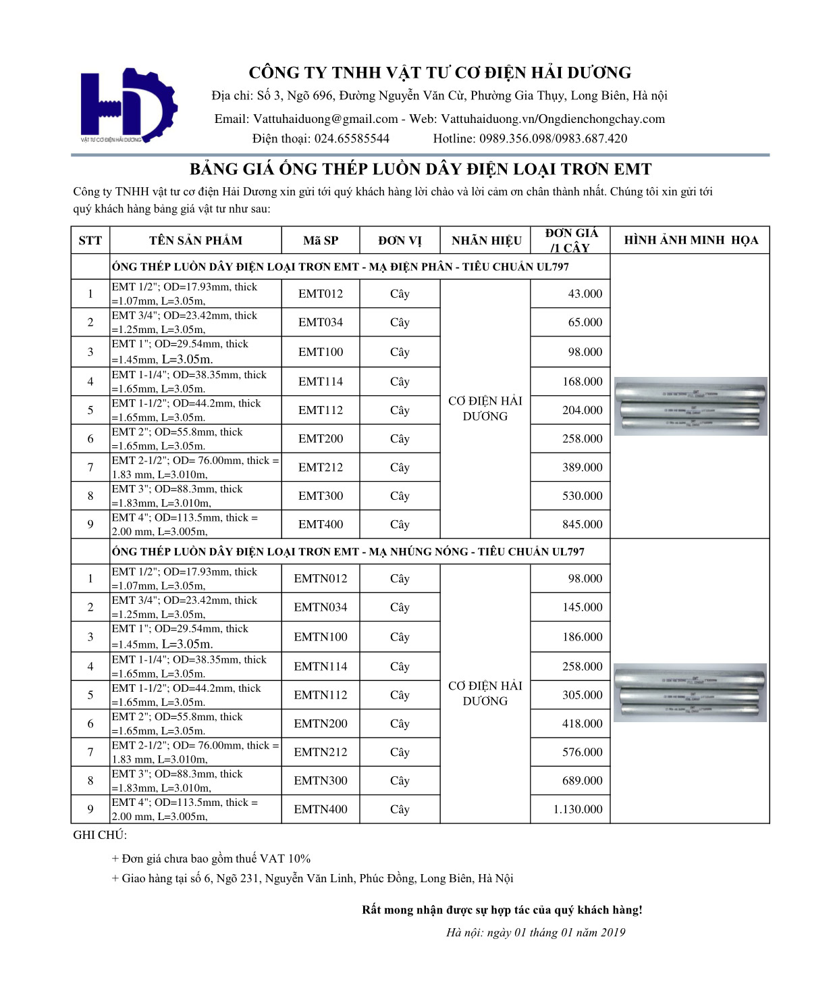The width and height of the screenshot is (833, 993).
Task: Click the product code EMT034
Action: pyautogui.click(x=321, y=322)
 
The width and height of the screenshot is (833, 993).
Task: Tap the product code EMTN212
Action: pyautogui.click(x=321, y=752)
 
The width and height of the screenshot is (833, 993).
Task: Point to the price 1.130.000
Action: pyautogui.click(x=577, y=809)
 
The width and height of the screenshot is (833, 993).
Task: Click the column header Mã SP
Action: pyautogui.click(x=321, y=240)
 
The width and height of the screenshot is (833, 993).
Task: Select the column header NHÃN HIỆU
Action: pyautogui.click(x=486, y=240)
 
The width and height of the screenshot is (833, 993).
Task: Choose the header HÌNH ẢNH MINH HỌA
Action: pyautogui.click(x=691, y=240)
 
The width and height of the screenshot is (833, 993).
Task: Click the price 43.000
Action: pyautogui.click(x=585, y=294)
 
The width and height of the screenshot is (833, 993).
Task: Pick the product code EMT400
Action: pyautogui.click(x=321, y=524)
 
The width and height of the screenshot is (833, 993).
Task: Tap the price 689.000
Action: pyautogui.click(x=582, y=781)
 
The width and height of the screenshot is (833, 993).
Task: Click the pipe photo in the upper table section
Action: pyautogui.click(x=691, y=406)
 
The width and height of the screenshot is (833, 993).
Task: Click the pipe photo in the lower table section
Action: pyautogui.click(x=691, y=692)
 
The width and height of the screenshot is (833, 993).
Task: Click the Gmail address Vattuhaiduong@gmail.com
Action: pyautogui.click(x=325, y=119)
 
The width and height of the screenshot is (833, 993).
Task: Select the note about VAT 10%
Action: pyautogui.click(x=211, y=859)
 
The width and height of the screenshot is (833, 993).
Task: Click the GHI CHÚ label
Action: pyautogui.click(x=100, y=835)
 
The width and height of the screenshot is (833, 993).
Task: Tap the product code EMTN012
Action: pyautogui.click(x=321, y=579)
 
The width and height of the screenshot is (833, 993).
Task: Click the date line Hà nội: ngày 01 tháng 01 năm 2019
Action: pyautogui.click(x=535, y=933)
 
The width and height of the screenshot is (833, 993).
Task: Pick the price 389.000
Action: pyautogui.click(x=582, y=467)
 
